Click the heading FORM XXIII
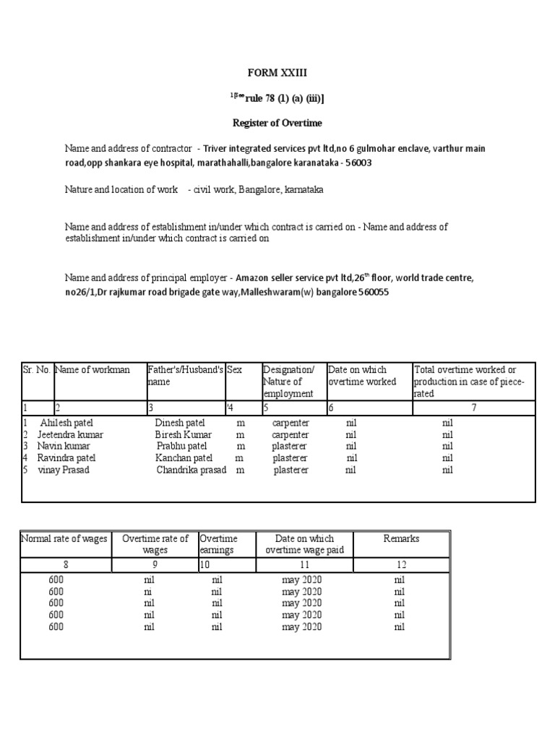277,73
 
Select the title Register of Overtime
277,123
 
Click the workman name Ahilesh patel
66,423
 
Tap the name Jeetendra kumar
70,435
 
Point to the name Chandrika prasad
191,470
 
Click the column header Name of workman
92,370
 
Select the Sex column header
234,370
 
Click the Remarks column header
400,539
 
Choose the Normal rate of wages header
64,539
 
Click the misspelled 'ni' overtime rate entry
149,592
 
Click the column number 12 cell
400,564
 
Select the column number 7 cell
473,408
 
